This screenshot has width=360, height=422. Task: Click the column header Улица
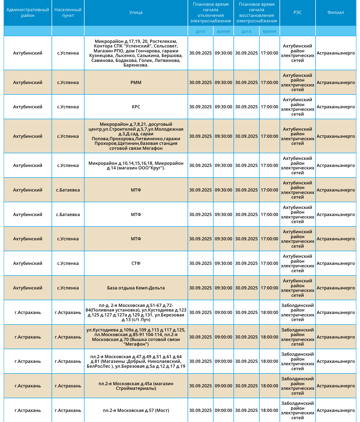click(136, 13)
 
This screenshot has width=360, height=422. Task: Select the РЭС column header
click(298, 13)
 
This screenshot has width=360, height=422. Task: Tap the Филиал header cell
click(336, 13)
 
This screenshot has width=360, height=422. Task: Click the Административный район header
click(28, 13)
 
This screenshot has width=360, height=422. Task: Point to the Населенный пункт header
click(68, 13)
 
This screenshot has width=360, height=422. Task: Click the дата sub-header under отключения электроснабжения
click(200, 31)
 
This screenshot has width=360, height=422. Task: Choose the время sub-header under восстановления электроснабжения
click(269, 31)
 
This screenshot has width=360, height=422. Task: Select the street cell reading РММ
click(136, 82)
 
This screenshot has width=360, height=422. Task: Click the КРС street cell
click(136, 107)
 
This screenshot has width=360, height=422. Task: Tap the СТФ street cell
click(136, 263)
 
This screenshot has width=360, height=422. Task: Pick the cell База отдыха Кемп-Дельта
click(136, 288)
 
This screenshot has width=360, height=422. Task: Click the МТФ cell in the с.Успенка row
click(136, 239)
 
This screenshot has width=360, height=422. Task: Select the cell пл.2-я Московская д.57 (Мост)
click(136, 410)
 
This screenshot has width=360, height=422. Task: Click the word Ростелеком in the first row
click(163, 41)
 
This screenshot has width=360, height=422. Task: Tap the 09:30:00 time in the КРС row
click(223, 107)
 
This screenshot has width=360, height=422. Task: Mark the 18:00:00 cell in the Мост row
click(269, 410)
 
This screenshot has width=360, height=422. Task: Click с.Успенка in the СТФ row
click(68, 263)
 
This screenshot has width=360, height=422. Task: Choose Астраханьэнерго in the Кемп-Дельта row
click(336, 288)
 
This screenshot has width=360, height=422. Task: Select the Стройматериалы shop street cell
click(136, 386)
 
